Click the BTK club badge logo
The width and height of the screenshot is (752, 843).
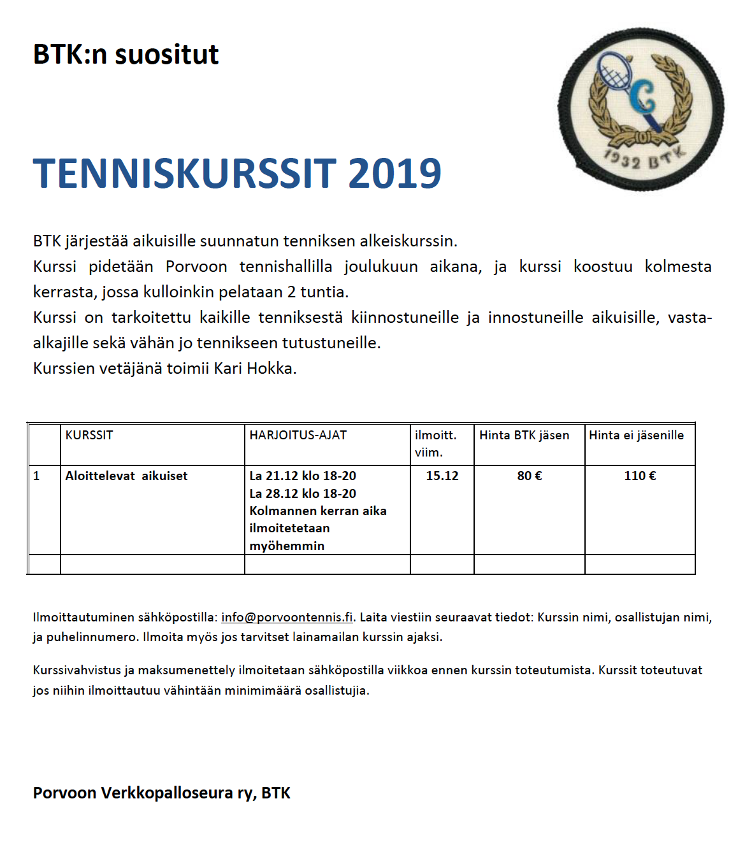[x=641, y=109]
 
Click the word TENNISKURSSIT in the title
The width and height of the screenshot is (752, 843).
[x=185, y=174]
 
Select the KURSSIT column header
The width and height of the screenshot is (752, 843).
[x=89, y=436]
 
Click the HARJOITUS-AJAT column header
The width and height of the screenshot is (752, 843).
[x=298, y=436]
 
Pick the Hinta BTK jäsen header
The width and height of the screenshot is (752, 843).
[x=524, y=436]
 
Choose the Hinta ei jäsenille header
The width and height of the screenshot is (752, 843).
[x=636, y=436]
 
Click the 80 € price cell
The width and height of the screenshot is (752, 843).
[x=530, y=476]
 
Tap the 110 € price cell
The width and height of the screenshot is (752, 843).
[x=640, y=476]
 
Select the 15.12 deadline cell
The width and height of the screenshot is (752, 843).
[x=442, y=476]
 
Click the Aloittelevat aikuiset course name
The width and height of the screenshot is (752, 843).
[x=126, y=476]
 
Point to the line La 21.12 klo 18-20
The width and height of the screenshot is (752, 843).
[x=303, y=476]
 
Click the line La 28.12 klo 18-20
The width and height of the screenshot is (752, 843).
[x=303, y=494]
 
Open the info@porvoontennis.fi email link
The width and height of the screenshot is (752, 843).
[x=287, y=618]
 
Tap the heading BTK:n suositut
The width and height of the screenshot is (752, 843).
[x=126, y=55]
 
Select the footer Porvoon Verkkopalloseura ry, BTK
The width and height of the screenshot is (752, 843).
[x=162, y=793]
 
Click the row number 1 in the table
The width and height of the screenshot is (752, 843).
[x=37, y=476]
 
